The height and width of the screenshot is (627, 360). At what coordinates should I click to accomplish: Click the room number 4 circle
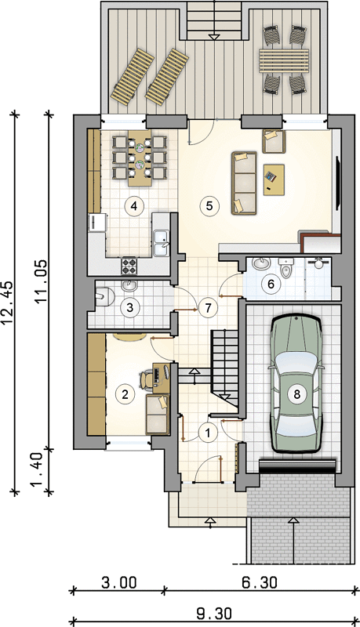134,206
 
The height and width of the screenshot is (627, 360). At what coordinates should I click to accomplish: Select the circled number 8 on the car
296,394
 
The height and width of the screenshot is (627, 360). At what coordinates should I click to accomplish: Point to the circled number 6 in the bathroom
271,285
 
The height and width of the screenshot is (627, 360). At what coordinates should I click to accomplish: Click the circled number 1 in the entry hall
208,433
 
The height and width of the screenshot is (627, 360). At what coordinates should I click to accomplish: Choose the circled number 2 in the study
125,394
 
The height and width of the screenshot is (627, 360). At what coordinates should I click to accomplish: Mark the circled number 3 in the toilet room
129,308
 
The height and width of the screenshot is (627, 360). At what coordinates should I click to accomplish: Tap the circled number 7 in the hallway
207,308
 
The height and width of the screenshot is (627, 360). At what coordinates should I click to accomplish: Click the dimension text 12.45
9,303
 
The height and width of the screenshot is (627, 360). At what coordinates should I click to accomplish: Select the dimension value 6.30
259,582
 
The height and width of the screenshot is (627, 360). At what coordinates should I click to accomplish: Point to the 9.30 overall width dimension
214,613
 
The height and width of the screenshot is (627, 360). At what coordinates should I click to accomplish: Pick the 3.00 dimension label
118,582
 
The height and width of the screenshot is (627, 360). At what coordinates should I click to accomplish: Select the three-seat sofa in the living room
244,183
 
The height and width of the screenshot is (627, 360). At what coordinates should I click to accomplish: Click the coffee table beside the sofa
274,180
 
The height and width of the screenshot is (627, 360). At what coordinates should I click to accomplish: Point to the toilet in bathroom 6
285,268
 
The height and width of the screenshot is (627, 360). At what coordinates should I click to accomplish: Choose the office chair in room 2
146,379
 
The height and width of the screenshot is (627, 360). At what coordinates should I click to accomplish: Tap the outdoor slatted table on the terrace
284,60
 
